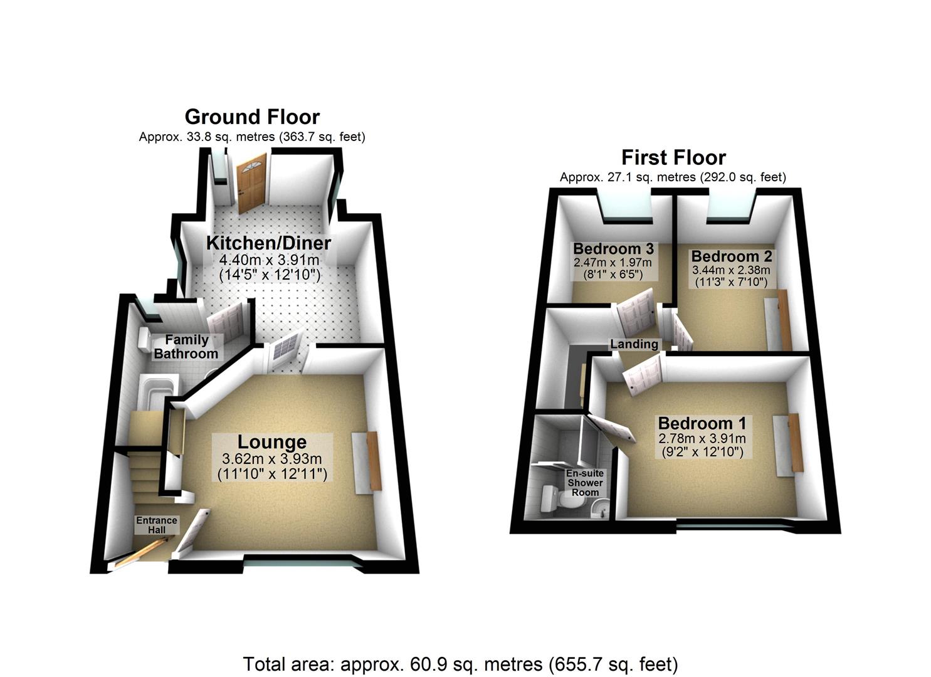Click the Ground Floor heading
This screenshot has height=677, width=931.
pos(252,117)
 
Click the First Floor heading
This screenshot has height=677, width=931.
pos(673,157)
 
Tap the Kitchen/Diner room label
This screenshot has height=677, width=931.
pos(269,243)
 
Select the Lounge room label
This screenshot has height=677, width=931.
pos(272,442)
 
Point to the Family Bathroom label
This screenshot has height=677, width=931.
pos(186,347)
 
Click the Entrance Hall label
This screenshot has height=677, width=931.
pos(157,525)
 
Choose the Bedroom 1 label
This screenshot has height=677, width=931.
pos(702,423)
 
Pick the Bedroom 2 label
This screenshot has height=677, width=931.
pos(732,256)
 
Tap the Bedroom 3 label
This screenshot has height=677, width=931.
pos(613,249)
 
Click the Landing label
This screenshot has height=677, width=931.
pos(634,344)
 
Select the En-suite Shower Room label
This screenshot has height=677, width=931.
pos(585,483)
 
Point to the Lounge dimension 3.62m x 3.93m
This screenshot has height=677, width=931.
pos(272,459)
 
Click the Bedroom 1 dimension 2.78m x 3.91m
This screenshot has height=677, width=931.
pos(702,438)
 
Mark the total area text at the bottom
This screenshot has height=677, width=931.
pos(460,664)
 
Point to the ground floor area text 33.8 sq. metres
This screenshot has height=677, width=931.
pos(252,137)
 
